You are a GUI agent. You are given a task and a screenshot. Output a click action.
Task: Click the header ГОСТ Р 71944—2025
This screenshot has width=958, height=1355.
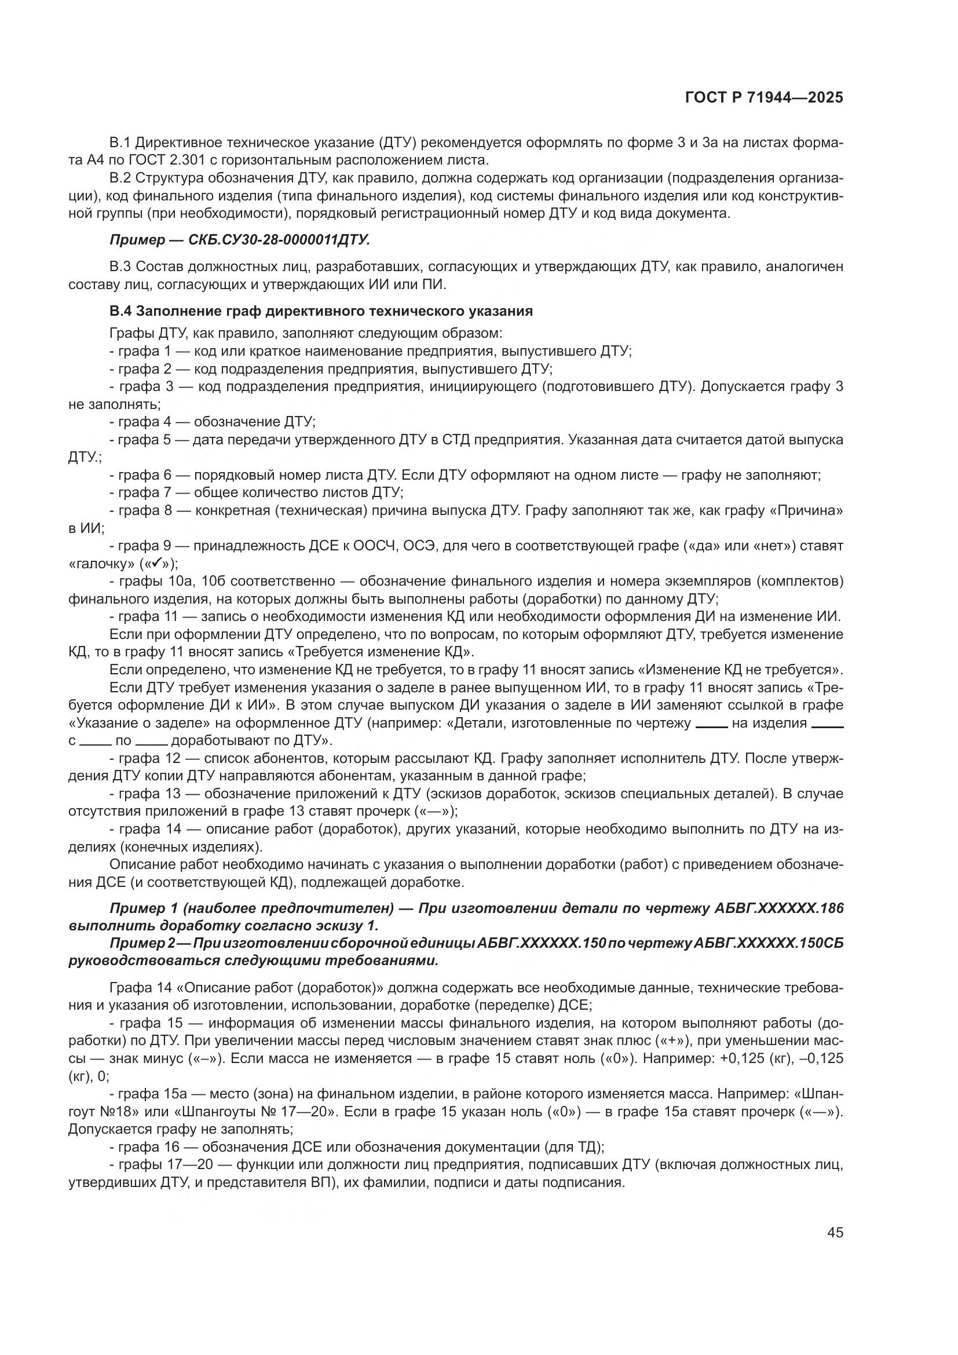click(x=764, y=98)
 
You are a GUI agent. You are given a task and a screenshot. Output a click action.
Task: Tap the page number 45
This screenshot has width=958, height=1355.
click(x=835, y=1233)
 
